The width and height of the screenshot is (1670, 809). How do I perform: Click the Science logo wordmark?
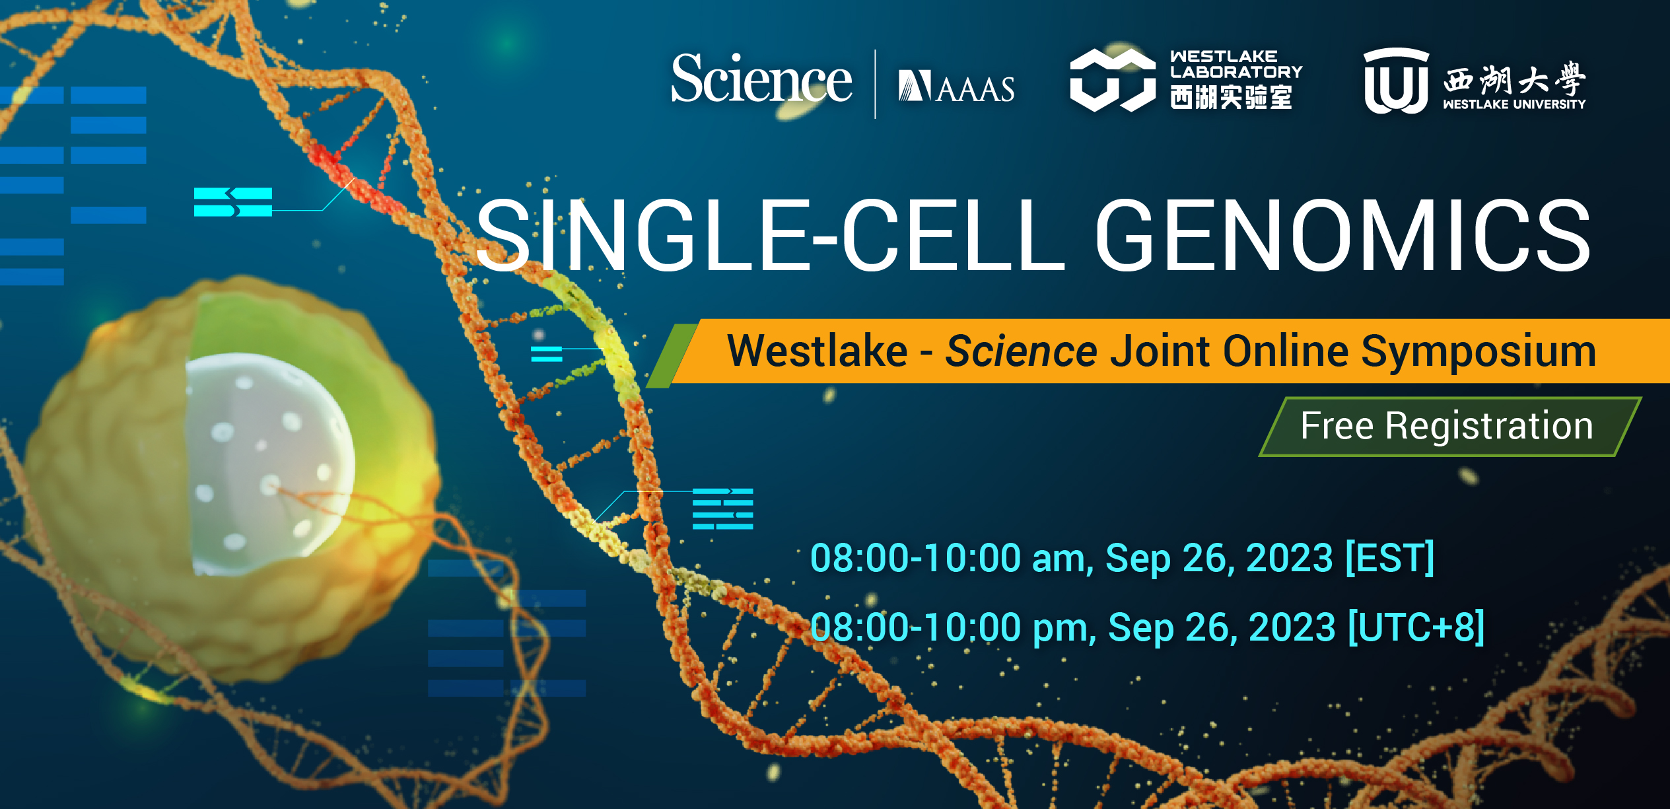(x=761, y=79)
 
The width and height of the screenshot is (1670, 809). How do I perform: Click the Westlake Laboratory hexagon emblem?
(x=1113, y=80)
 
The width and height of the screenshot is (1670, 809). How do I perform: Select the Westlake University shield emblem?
(x=1396, y=81)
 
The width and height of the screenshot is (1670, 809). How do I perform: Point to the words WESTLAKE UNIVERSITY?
(x=1514, y=104)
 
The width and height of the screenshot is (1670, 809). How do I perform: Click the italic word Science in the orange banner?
(x=1021, y=351)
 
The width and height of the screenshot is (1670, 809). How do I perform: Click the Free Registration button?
(x=1449, y=426)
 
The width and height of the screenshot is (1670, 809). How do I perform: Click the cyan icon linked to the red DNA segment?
(x=233, y=202)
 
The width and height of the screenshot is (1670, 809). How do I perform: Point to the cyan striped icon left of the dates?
(x=723, y=509)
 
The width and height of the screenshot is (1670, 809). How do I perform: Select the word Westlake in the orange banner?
(x=818, y=351)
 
